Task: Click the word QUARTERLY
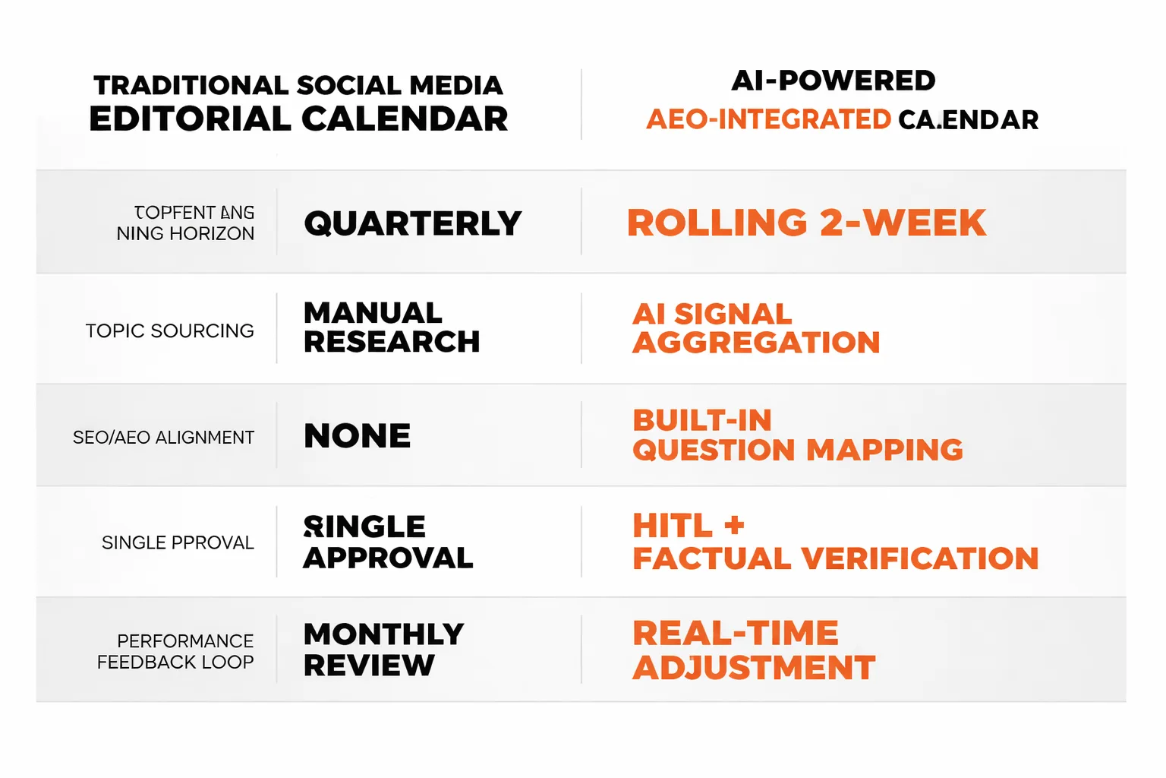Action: click(412, 223)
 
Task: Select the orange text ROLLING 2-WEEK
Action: click(806, 223)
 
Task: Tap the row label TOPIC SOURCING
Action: click(169, 331)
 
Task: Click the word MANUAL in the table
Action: click(373, 313)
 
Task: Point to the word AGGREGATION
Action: click(756, 343)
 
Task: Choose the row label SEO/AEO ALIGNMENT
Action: click(163, 438)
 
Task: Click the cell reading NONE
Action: click(357, 436)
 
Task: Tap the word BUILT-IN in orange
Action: click(702, 420)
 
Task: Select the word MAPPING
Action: click(884, 450)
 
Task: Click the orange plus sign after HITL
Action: click(734, 525)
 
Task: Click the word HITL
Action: click(673, 526)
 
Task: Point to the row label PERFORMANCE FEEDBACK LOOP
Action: click(175, 652)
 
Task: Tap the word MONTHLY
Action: click(383, 634)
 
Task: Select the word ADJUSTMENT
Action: click(754, 668)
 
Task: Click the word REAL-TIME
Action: click(735, 633)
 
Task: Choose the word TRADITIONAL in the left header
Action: click(191, 85)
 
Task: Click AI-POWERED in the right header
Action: click(833, 81)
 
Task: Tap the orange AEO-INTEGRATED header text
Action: click(768, 120)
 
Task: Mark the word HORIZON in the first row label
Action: click(212, 234)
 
